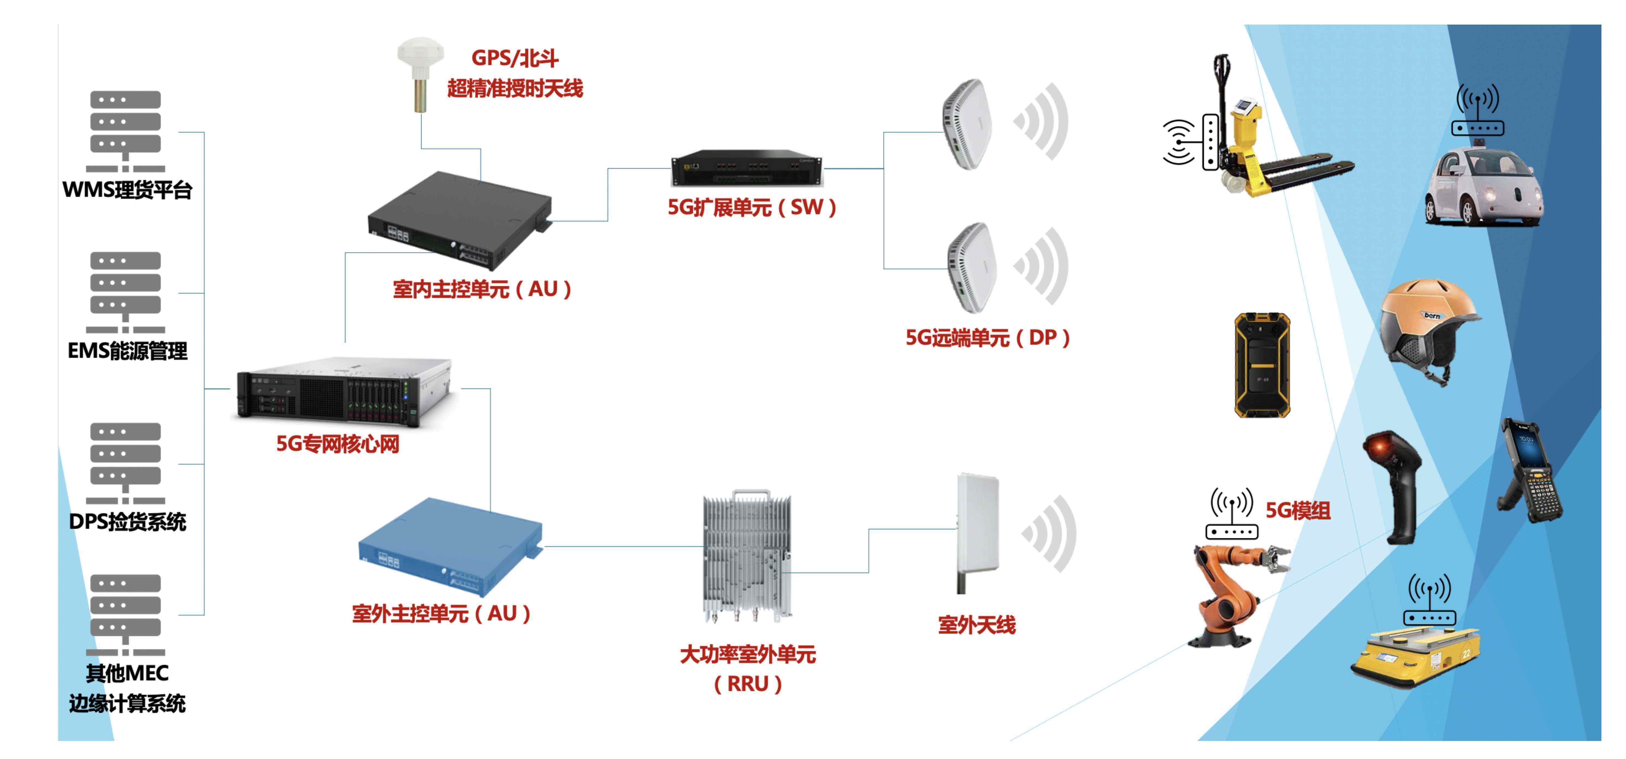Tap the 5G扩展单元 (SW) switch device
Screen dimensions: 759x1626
(747, 167)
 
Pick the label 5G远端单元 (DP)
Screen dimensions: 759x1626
(988, 338)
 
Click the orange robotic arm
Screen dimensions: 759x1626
(1231, 593)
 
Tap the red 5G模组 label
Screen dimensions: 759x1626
(1298, 510)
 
